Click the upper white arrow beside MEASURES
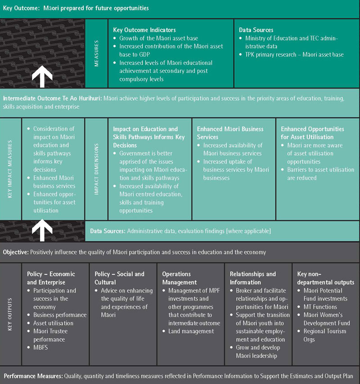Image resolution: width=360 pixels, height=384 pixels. coord(42,76)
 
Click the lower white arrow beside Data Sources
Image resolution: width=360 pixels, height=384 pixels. coord(42,230)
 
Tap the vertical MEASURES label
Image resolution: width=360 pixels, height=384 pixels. coord(96,54)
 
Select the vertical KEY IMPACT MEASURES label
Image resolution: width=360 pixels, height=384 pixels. coord(10,169)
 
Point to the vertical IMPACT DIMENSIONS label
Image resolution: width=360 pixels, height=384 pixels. coord(96,169)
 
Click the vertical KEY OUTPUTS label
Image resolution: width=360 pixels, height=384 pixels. coord(10,314)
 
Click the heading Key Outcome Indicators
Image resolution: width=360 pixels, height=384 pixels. coord(144,30)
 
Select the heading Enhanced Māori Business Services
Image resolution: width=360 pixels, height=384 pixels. coord(230,133)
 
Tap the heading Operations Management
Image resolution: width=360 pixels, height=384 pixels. coord(180,278)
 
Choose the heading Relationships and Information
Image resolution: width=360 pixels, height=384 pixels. coord(252,278)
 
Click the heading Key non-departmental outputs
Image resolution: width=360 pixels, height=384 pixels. coord(326,278)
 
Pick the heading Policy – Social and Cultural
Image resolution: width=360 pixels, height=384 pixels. coord(119,278)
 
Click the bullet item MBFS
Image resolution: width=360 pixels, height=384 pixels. coord(40,348)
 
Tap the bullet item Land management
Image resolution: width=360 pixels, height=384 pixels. coord(191,331)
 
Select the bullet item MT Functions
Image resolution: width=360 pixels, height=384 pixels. coord(320,307)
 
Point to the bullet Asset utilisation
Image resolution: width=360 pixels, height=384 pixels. coord(53,323)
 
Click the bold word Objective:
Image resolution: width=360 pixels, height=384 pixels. coord(16,252)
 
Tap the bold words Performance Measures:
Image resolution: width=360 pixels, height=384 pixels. coord(33,376)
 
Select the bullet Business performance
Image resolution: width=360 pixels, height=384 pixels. coord(60,315)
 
